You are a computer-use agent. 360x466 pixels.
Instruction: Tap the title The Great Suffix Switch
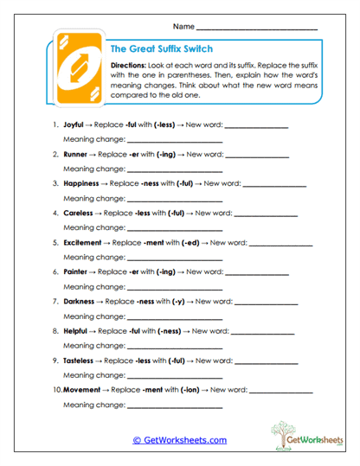tap(162, 49)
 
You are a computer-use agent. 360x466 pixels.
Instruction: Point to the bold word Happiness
tap(85, 183)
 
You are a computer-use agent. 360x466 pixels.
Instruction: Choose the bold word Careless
tap(81, 213)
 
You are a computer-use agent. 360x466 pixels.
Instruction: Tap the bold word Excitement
tap(87, 242)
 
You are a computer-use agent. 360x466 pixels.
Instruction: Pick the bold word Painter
tap(80, 271)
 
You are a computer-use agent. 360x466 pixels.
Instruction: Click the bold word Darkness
tap(83, 301)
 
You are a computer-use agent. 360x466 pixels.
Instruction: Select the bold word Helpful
tap(80, 330)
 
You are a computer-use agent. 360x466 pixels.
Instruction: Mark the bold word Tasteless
tap(84, 360)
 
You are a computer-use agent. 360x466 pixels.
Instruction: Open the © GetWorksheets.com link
tap(179, 440)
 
